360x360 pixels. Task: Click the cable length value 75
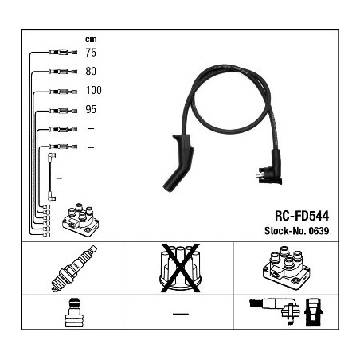91,53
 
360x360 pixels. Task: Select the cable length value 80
91,71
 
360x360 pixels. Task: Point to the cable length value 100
93,90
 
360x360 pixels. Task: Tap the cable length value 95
91,109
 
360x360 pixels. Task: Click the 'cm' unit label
91,40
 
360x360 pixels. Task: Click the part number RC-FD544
302,216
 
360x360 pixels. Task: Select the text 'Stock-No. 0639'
297,231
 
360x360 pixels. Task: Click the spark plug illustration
74,268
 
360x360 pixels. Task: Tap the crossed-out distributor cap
180,268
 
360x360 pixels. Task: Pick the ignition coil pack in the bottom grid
286,268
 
